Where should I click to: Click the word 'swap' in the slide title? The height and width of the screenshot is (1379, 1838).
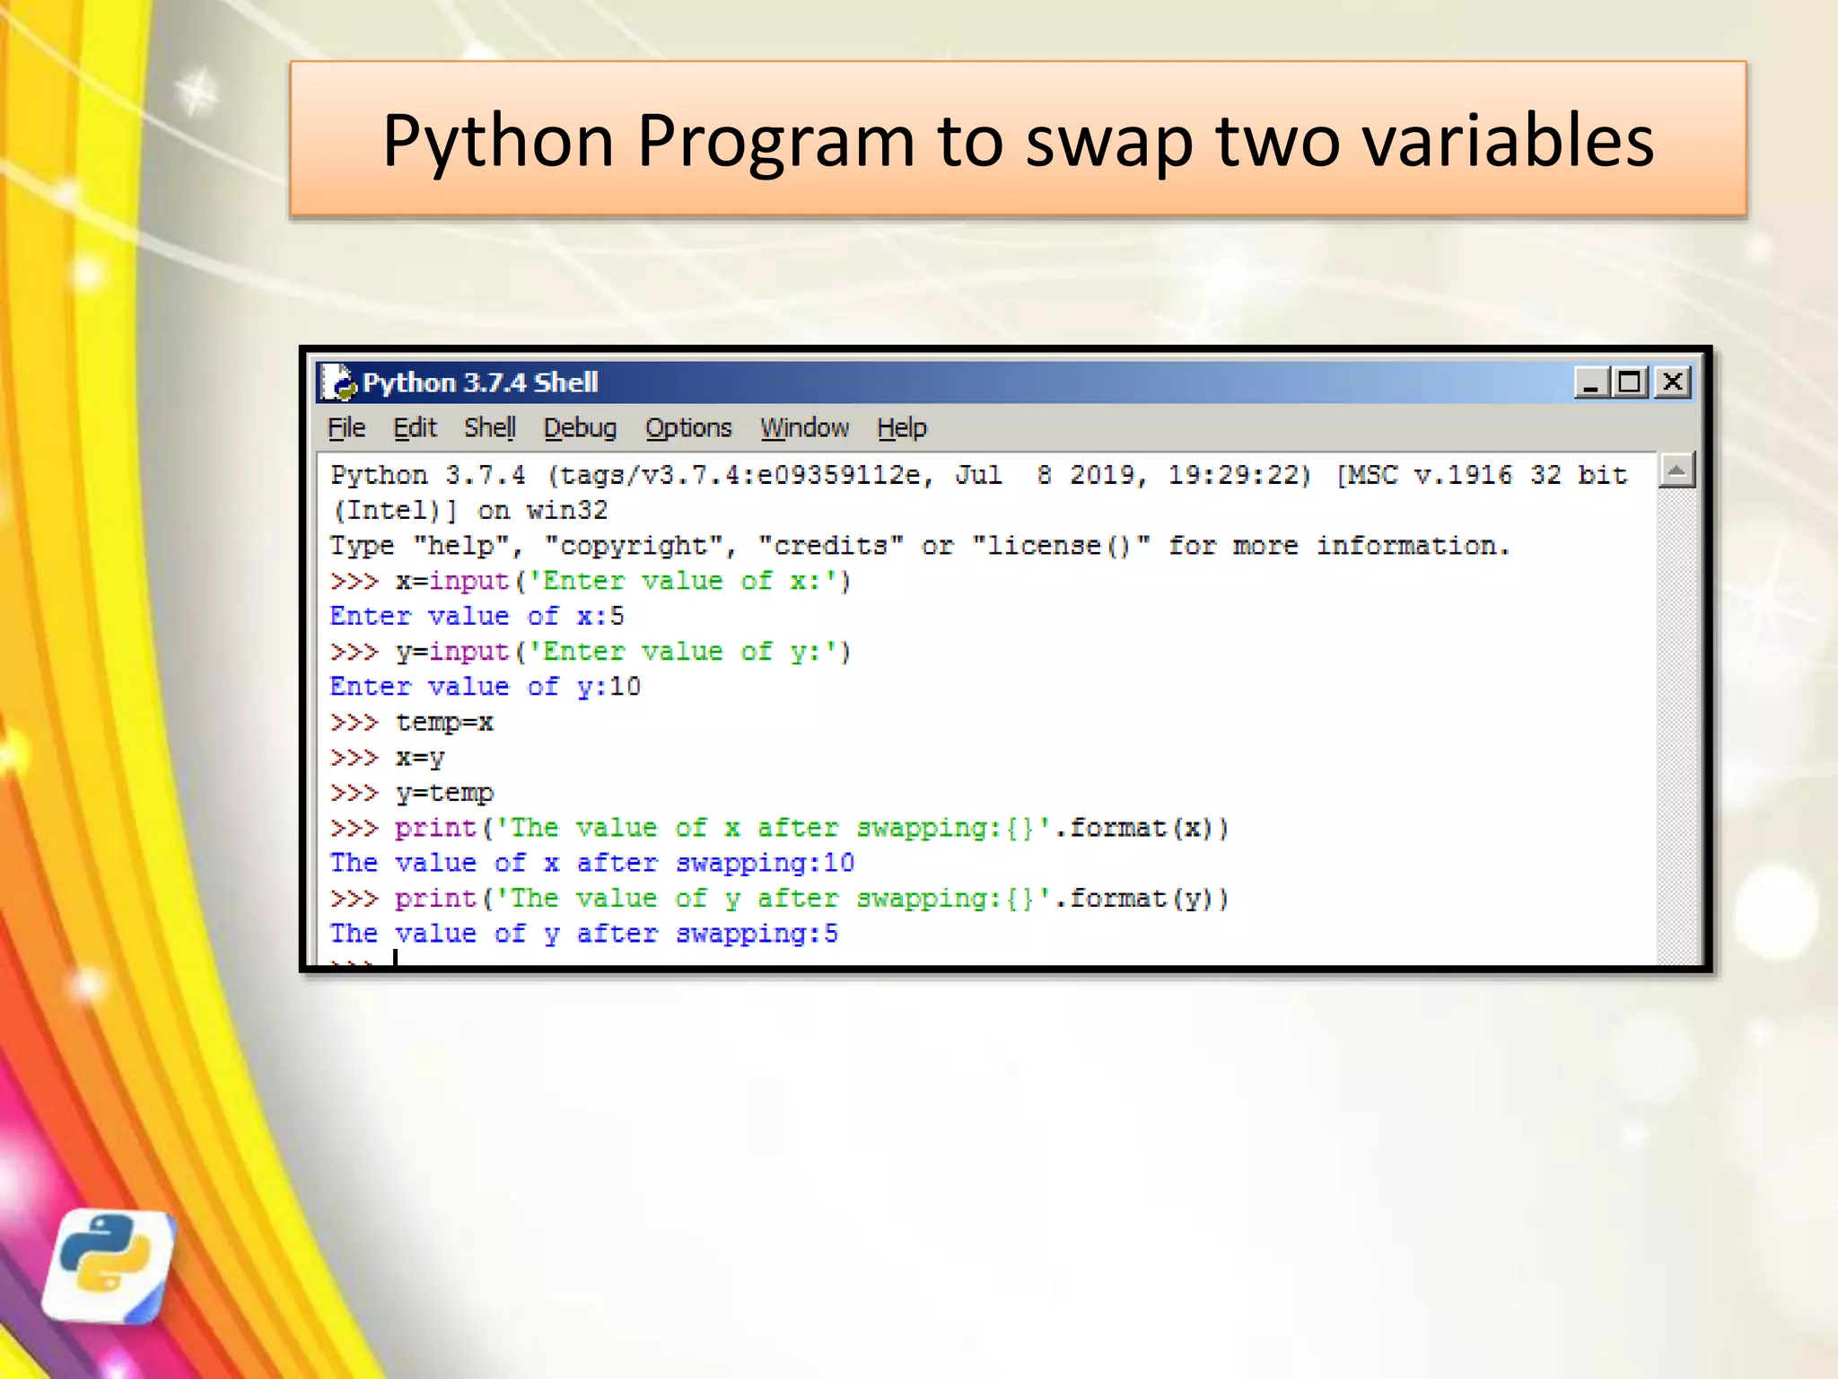pos(1108,143)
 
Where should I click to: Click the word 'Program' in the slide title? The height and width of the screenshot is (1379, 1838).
pos(775,143)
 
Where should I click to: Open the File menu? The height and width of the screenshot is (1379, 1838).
pos(346,428)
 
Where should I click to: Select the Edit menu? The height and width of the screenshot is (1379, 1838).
pos(415,428)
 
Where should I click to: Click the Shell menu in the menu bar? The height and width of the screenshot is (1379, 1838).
pos(489,428)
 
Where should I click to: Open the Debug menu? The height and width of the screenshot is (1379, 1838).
pos(580,428)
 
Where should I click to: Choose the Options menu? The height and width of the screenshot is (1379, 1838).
pos(688,428)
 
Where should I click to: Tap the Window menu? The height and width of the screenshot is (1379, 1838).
pos(804,428)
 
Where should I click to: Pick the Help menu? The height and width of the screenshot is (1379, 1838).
pos(901,428)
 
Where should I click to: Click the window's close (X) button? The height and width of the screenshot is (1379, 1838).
pos(1673,382)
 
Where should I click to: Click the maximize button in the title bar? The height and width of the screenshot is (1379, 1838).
pos(1630,382)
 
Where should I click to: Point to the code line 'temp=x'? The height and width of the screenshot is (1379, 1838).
pos(444,723)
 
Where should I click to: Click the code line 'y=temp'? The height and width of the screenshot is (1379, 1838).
pos(444,794)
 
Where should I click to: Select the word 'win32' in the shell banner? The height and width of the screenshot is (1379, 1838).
pos(567,511)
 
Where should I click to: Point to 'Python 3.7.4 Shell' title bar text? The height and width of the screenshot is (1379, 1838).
pos(480,382)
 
